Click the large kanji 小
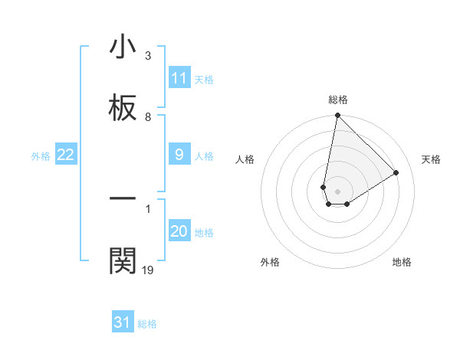(123, 47)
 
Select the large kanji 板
(123, 109)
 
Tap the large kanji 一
(123, 198)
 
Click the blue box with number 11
(179, 78)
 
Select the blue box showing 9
(179, 155)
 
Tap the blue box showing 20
(179, 231)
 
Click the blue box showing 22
(65, 155)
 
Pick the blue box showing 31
(123, 323)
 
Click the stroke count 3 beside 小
(148, 56)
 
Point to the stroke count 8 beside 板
(148, 117)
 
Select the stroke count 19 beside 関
(148, 270)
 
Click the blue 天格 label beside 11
(203, 79)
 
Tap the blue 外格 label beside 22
(41, 155)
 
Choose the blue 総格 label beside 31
(147, 324)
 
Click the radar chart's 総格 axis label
(338, 100)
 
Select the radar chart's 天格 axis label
(431, 159)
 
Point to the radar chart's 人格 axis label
(245, 159)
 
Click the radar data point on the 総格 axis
(337, 116)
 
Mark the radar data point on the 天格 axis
(396, 172)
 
